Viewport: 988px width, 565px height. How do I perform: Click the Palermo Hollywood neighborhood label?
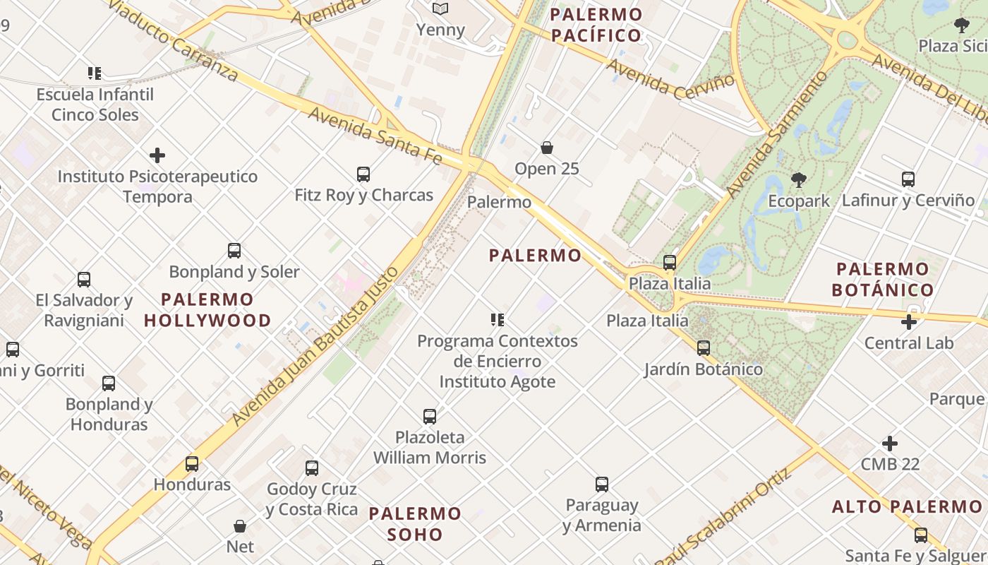[207, 309]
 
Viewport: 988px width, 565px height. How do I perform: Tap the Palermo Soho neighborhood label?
[415, 523]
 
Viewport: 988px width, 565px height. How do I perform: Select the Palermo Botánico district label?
[882, 279]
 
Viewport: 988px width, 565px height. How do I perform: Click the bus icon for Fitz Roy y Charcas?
[363, 174]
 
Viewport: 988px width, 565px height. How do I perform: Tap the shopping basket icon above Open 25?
[546, 148]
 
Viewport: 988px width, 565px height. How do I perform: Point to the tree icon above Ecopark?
[799, 180]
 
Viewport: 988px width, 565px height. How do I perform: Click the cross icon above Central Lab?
[909, 322]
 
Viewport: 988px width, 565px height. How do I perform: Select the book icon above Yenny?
[440, 8]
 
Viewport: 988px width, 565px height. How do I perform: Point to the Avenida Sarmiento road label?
[777, 133]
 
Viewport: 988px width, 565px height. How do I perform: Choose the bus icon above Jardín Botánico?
[703, 347]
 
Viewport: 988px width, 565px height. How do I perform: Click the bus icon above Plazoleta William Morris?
[429, 416]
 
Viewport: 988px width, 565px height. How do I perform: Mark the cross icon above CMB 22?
[890, 444]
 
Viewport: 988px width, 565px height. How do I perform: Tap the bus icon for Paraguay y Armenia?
[601, 484]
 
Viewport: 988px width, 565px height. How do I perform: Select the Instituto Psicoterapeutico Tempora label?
[157, 186]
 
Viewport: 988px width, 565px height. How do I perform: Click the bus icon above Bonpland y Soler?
[234, 250]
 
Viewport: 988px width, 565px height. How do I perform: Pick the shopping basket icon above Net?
[240, 526]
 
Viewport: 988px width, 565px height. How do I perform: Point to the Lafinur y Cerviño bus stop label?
[908, 201]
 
